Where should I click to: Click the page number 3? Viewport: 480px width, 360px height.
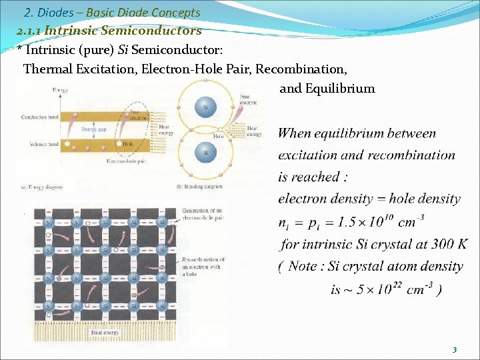[x=454, y=350]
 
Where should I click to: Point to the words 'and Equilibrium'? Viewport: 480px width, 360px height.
[x=327, y=88]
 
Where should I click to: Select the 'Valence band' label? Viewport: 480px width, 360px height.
[x=45, y=144]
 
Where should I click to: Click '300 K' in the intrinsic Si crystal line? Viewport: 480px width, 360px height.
[x=447, y=243]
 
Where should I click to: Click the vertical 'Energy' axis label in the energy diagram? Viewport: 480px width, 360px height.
[x=59, y=90]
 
